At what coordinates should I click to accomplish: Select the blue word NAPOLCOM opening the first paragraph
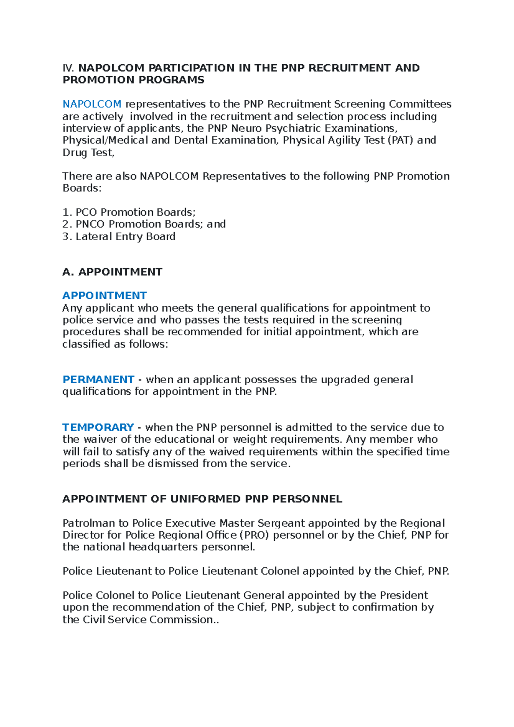point(92,104)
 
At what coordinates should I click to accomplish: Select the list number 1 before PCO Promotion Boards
point(66,212)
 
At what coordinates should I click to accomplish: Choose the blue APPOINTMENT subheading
point(105,296)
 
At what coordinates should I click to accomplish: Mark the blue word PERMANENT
point(99,380)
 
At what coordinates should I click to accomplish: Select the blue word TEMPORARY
point(98,428)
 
